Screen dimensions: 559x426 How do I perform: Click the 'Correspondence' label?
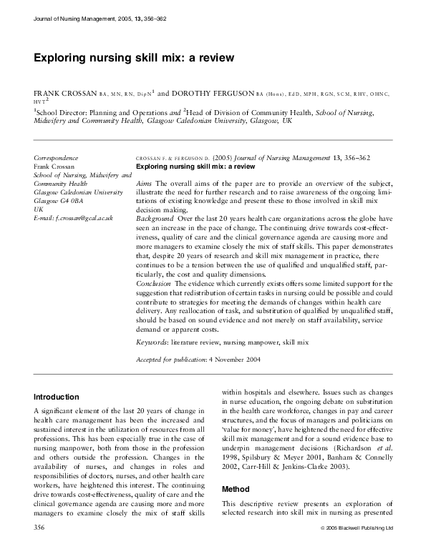coord(57,157)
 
